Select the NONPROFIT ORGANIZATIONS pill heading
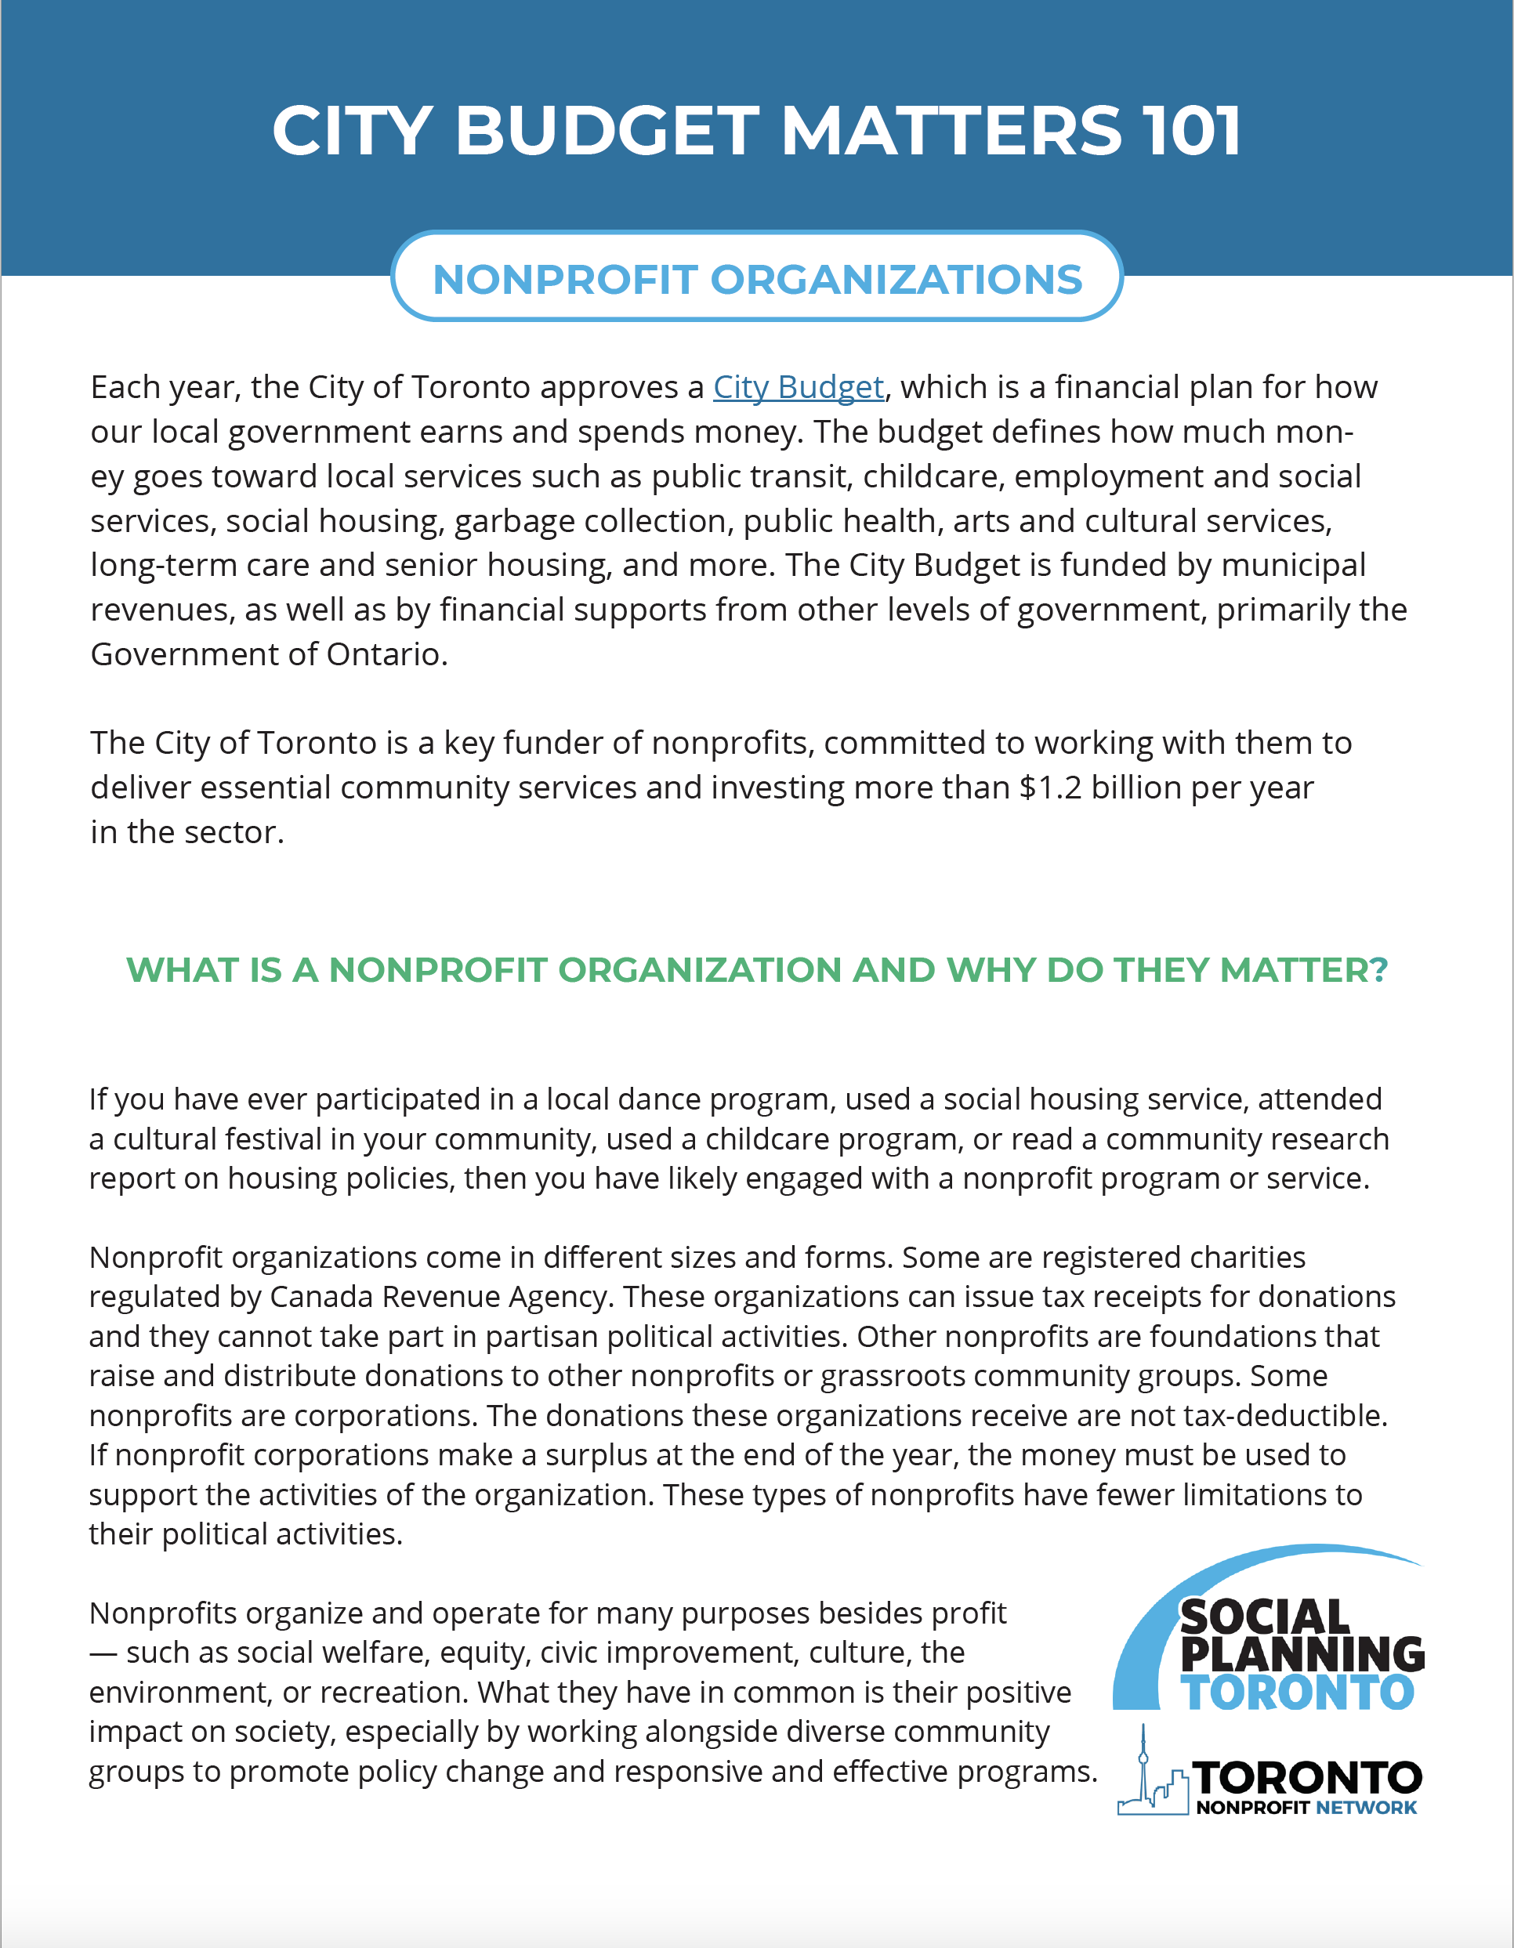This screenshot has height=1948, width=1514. click(x=756, y=279)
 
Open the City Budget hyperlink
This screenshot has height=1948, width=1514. click(x=798, y=387)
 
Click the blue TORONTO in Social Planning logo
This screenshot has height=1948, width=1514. click(x=1297, y=1693)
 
